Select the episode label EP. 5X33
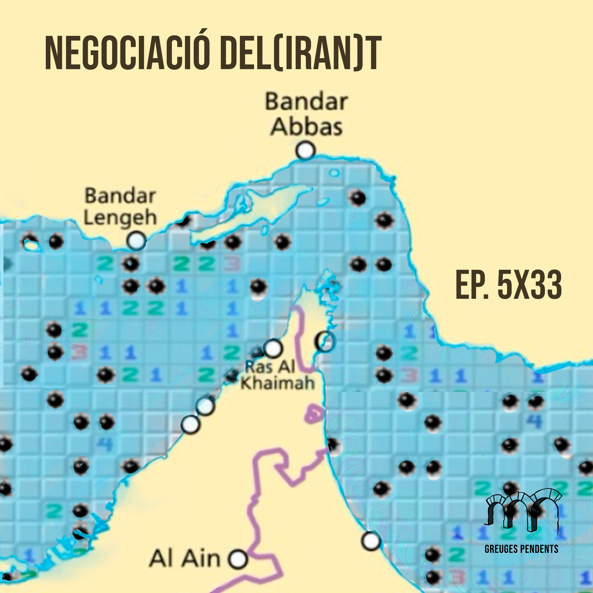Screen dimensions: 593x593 tap(508, 285)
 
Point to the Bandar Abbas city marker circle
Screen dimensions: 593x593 tap(305, 150)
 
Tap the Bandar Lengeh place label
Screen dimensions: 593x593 tap(120, 207)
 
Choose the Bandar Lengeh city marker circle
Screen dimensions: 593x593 tap(136, 240)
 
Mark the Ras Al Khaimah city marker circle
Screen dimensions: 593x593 tap(273, 348)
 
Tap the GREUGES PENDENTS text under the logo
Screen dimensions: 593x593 tap(521, 549)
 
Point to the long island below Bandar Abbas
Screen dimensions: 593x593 tap(246, 212)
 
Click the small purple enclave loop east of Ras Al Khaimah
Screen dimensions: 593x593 tap(314, 415)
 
